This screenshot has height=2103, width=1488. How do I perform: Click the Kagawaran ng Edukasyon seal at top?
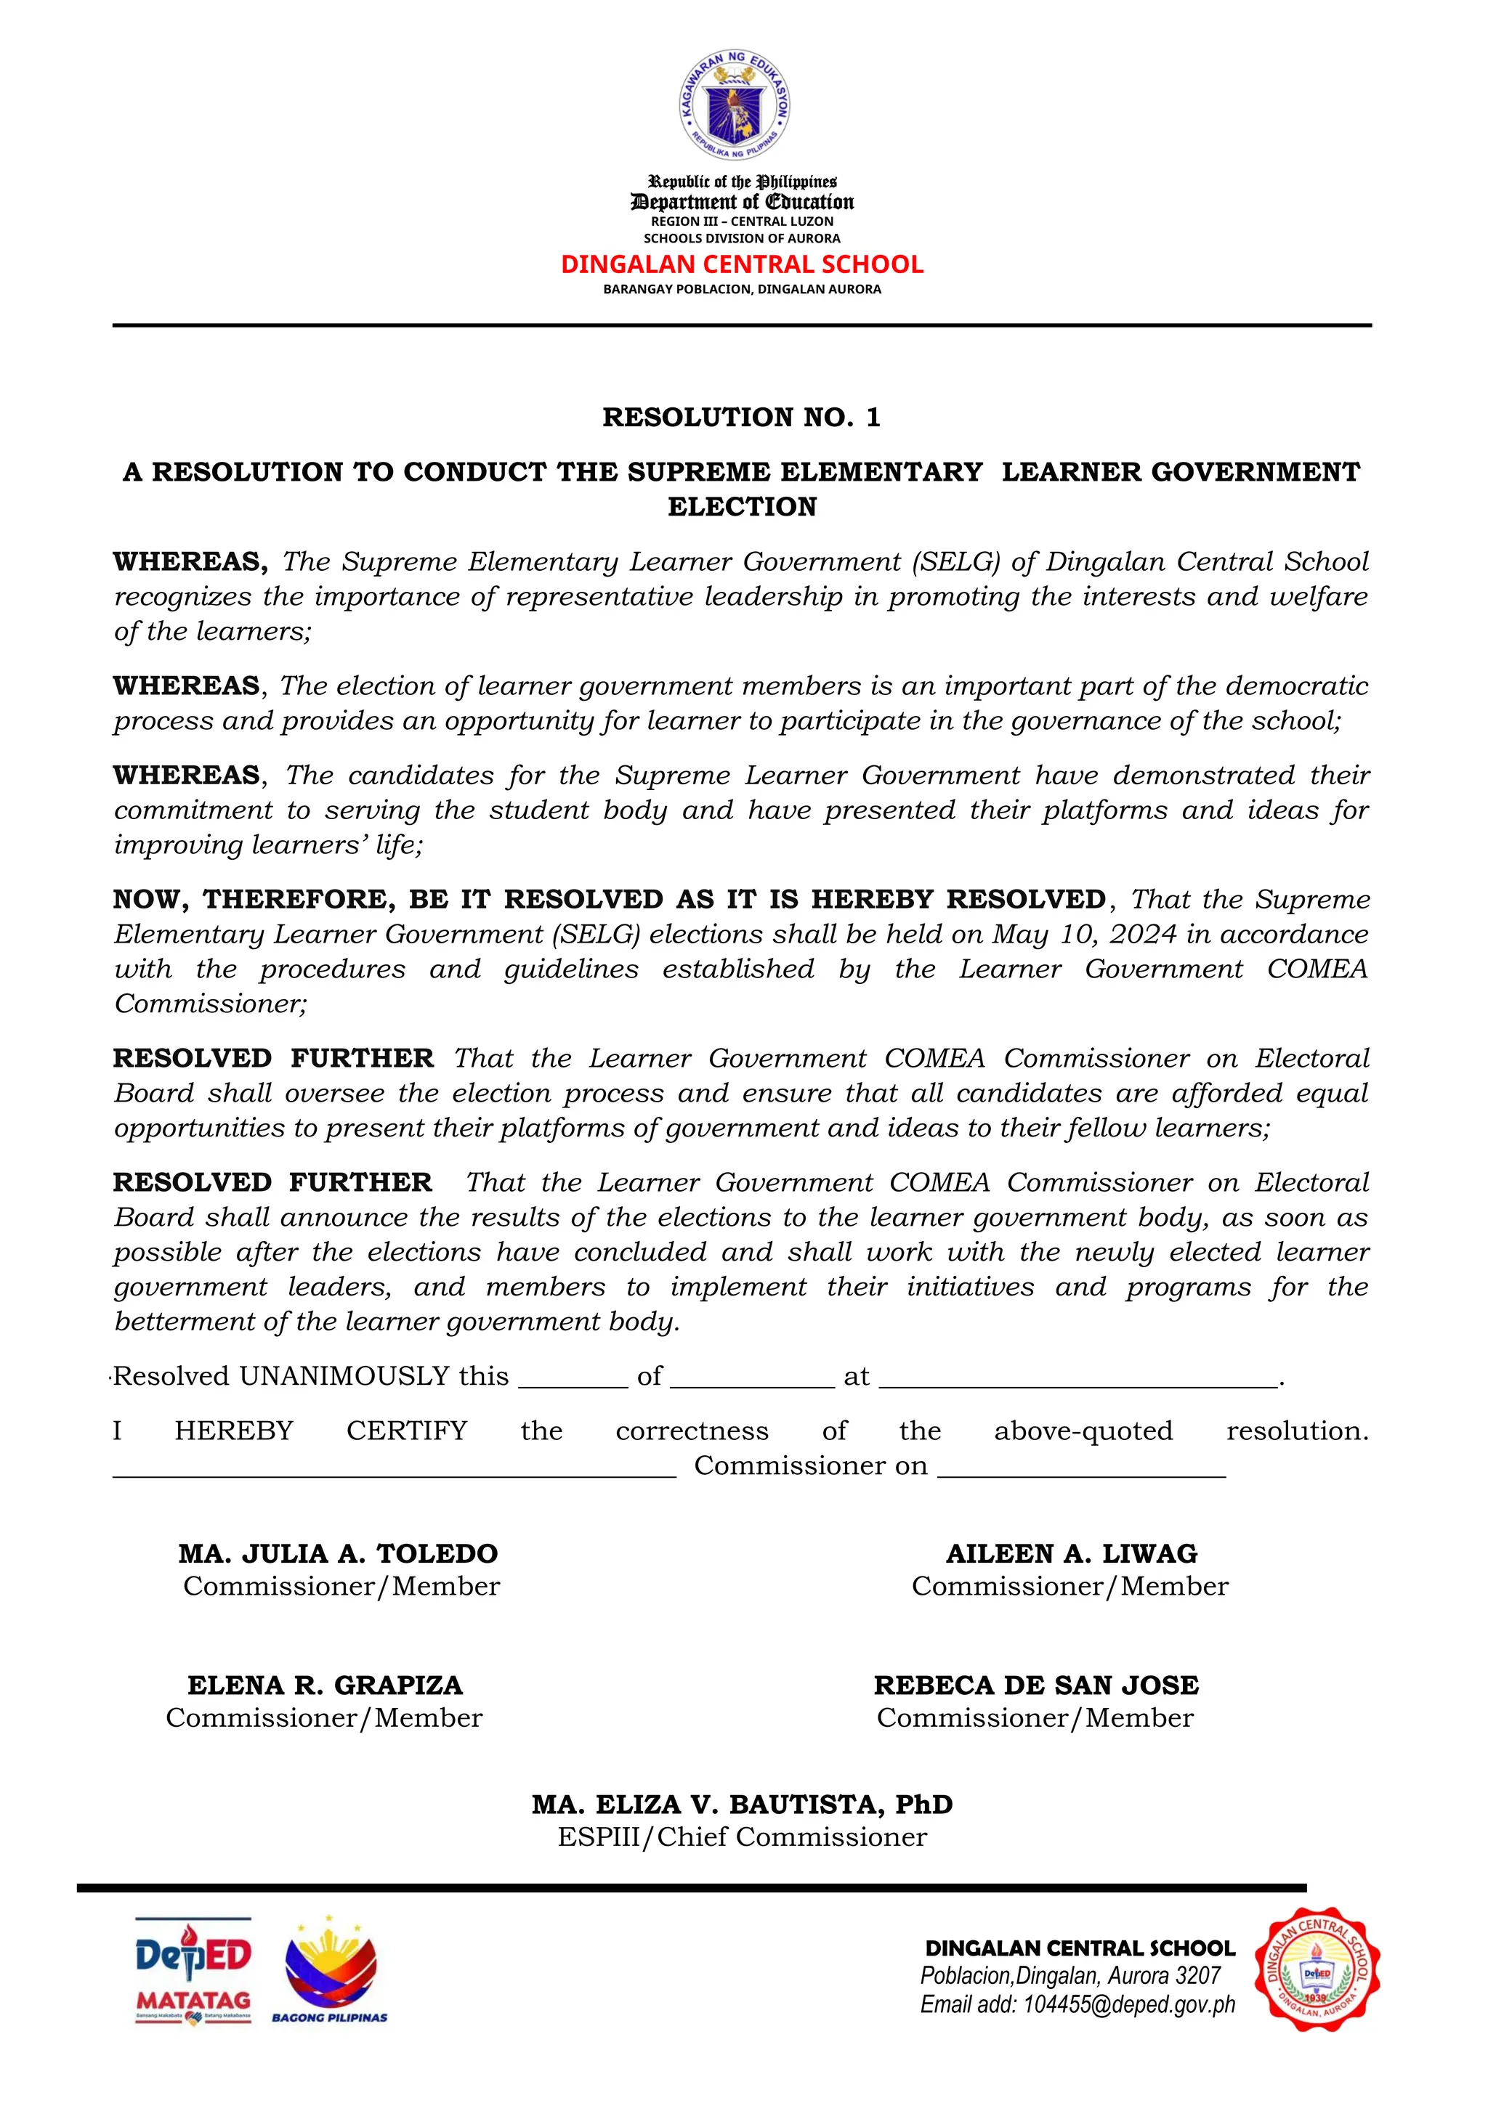[734, 105]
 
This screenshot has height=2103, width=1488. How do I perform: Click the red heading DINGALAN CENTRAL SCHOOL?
[741, 265]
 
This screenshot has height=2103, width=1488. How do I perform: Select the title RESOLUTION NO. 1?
[741, 418]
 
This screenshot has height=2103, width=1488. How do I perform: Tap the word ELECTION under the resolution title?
[741, 507]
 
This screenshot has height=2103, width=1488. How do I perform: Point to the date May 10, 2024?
[1084, 935]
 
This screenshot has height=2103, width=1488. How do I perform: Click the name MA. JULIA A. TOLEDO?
[338, 1553]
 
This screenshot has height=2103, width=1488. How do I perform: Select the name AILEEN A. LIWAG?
[1071, 1553]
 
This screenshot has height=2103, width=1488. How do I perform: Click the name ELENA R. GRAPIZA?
[325, 1685]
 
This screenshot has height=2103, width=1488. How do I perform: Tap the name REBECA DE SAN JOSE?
[1036, 1685]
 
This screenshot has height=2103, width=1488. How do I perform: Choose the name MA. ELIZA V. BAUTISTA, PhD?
[741, 1805]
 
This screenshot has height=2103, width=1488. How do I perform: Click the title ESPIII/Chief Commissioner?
[741, 1836]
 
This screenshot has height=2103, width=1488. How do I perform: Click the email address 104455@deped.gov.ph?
[1129, 2005]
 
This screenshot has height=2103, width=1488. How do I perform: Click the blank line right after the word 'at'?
[1077, 1380]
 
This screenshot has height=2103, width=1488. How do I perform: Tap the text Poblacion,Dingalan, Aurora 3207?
[1070, 1976]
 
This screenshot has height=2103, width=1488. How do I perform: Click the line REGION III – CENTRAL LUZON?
[741, 221]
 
